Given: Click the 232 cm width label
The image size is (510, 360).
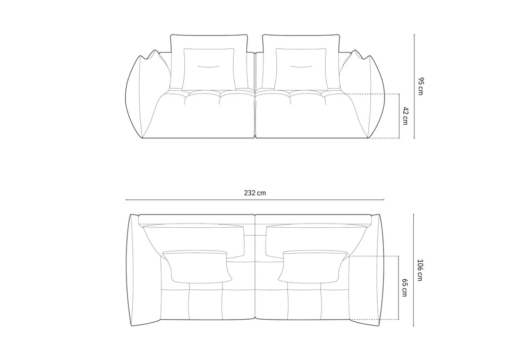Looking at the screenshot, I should (x=255, y=193).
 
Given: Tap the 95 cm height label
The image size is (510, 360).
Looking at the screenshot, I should (x=420, y=86).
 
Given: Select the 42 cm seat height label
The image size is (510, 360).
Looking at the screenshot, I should (x=405, y=115).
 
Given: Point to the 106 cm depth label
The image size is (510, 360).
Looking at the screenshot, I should (x=420, y=270).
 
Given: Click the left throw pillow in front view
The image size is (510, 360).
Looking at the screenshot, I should (x=209, y=69).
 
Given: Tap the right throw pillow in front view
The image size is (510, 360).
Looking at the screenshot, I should (x=301, y=69).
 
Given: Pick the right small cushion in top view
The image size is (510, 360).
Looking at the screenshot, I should (x=311, y=266).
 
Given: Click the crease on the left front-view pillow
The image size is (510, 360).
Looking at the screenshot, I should (x=209, y=66).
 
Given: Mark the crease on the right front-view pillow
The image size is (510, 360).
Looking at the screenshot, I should (x=301, y=66).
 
